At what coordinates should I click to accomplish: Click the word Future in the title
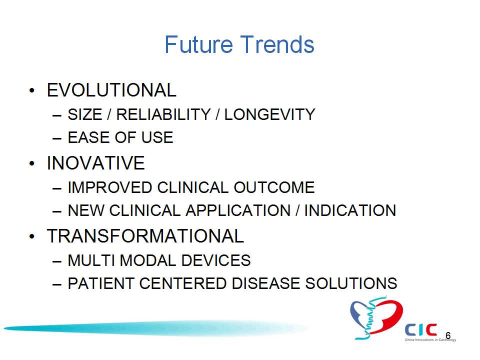pos(198,44)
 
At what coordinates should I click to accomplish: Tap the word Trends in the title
pos(277,44)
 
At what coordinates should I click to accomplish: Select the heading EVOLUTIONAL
pos(111,90)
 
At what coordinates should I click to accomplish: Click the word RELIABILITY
pos(163,115)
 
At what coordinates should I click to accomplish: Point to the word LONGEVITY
pos(269,115)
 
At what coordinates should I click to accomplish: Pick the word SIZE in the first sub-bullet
pos(85,115)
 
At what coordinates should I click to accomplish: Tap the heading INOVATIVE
pos(95,163)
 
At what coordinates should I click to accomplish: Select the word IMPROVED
pos(110,187)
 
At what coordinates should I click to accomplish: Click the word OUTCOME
pos(274,187)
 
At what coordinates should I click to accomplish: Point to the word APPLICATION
pos(238,210)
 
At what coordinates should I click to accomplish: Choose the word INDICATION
pos(350,210)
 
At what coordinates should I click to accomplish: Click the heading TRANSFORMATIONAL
pos(145,236)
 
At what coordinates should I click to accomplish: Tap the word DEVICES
pos(216,260)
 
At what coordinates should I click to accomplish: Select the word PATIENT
pos(101,283)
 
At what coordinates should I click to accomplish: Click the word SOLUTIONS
pos(351,283)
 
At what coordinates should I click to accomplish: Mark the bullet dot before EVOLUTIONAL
pos(32,90)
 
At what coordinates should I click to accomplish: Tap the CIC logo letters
pos(421,330)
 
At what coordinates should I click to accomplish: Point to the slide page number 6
pos(448,335)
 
